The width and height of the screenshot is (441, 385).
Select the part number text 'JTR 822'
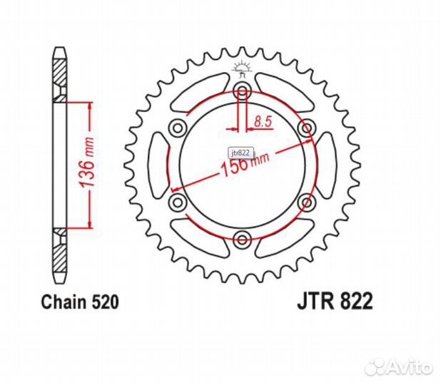[335, 302]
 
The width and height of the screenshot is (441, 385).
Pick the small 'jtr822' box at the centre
[240, 153]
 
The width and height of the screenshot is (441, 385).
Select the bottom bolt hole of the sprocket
[242, 239]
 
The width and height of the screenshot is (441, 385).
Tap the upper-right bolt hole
[307, 128]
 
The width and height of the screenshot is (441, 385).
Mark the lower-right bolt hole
[307, 202]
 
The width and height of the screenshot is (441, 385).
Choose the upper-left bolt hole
[177, 128]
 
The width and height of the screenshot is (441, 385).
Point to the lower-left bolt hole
[177, 202]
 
